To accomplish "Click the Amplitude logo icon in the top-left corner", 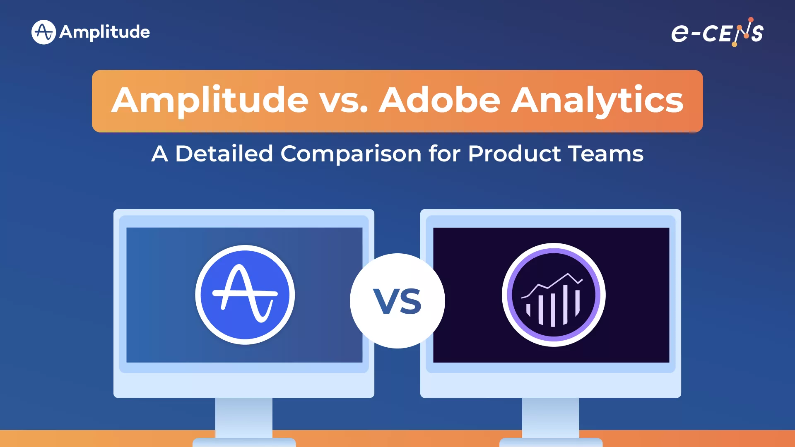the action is [43, 32].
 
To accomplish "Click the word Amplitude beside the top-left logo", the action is [105, 32].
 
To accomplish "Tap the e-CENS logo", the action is [717, 32].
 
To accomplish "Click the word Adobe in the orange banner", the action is [439, 101].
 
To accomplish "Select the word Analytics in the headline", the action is [597, 101].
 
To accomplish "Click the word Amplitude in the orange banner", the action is [210, 101].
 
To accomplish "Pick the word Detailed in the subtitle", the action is [224, 154].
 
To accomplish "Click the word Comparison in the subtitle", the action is [351, 154].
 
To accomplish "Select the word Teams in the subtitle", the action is [606, 154].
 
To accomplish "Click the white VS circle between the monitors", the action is [397, 301].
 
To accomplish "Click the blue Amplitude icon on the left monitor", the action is [245, 295].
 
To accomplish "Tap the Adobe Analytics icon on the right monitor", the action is [554, 295].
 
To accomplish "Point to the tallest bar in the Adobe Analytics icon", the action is [566, 305].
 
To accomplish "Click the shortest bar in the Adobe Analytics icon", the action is [528, 310].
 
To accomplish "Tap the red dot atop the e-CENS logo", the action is [751, 19].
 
